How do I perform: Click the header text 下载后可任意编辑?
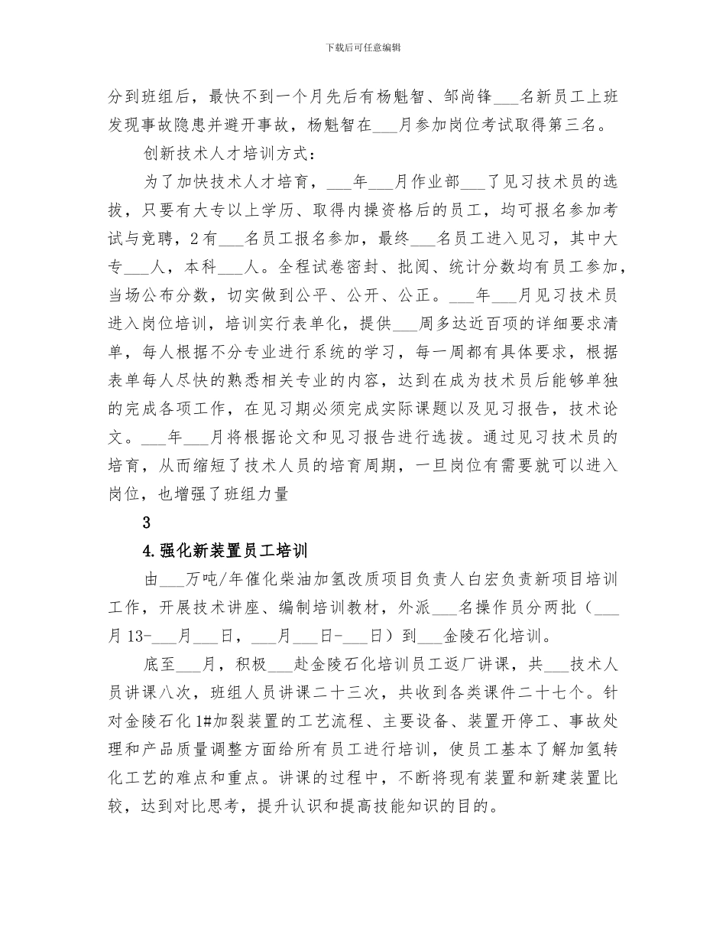coord(363,47)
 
